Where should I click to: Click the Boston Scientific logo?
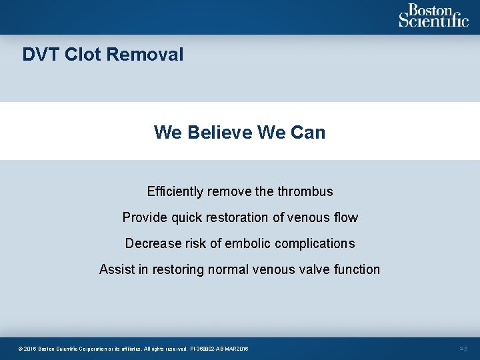pos(433,16)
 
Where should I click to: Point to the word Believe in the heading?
pos(219,132)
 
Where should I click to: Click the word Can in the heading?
pos(308,132)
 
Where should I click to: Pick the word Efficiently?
pos(175,192)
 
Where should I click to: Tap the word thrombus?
pos(305,192)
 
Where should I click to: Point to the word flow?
pos(345,217)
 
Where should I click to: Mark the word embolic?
pos(247,243)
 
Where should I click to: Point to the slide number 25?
pos(463,349)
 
